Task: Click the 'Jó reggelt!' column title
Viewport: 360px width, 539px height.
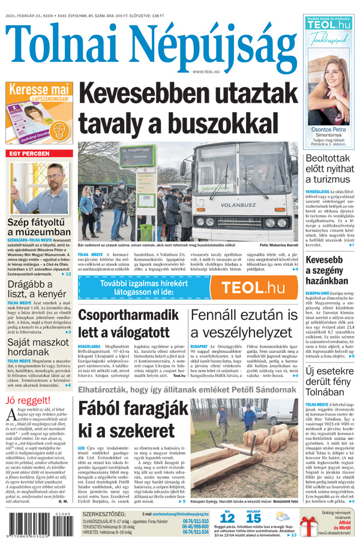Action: coord(28,400)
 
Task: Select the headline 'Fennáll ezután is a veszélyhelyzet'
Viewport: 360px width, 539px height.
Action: coord(244,324)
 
